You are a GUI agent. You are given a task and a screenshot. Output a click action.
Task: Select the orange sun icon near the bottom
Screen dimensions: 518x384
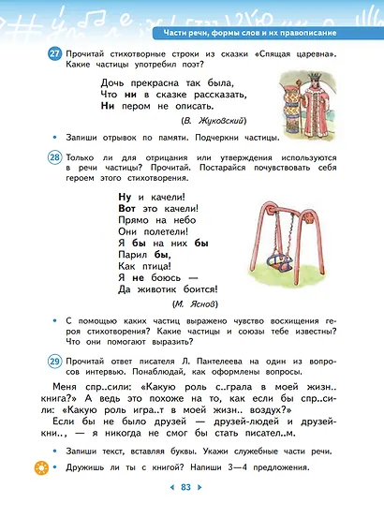tap(41, 466)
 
